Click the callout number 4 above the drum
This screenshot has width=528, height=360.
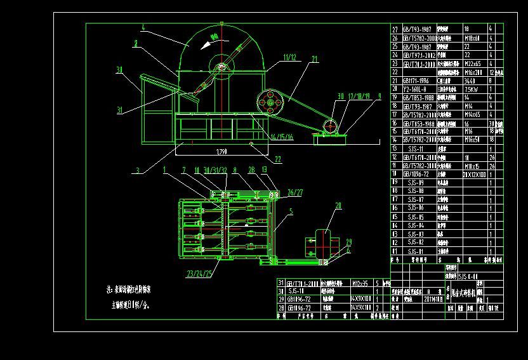[144, 28]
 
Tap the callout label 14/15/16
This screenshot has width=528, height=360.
[281, 137]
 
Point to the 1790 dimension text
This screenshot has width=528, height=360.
[221, 152]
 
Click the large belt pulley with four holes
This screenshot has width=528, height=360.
[270, 102]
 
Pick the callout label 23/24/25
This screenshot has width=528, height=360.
[199, 274]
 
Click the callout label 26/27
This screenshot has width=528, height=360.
[295, 192]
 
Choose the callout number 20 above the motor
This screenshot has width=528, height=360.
[338, 205]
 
